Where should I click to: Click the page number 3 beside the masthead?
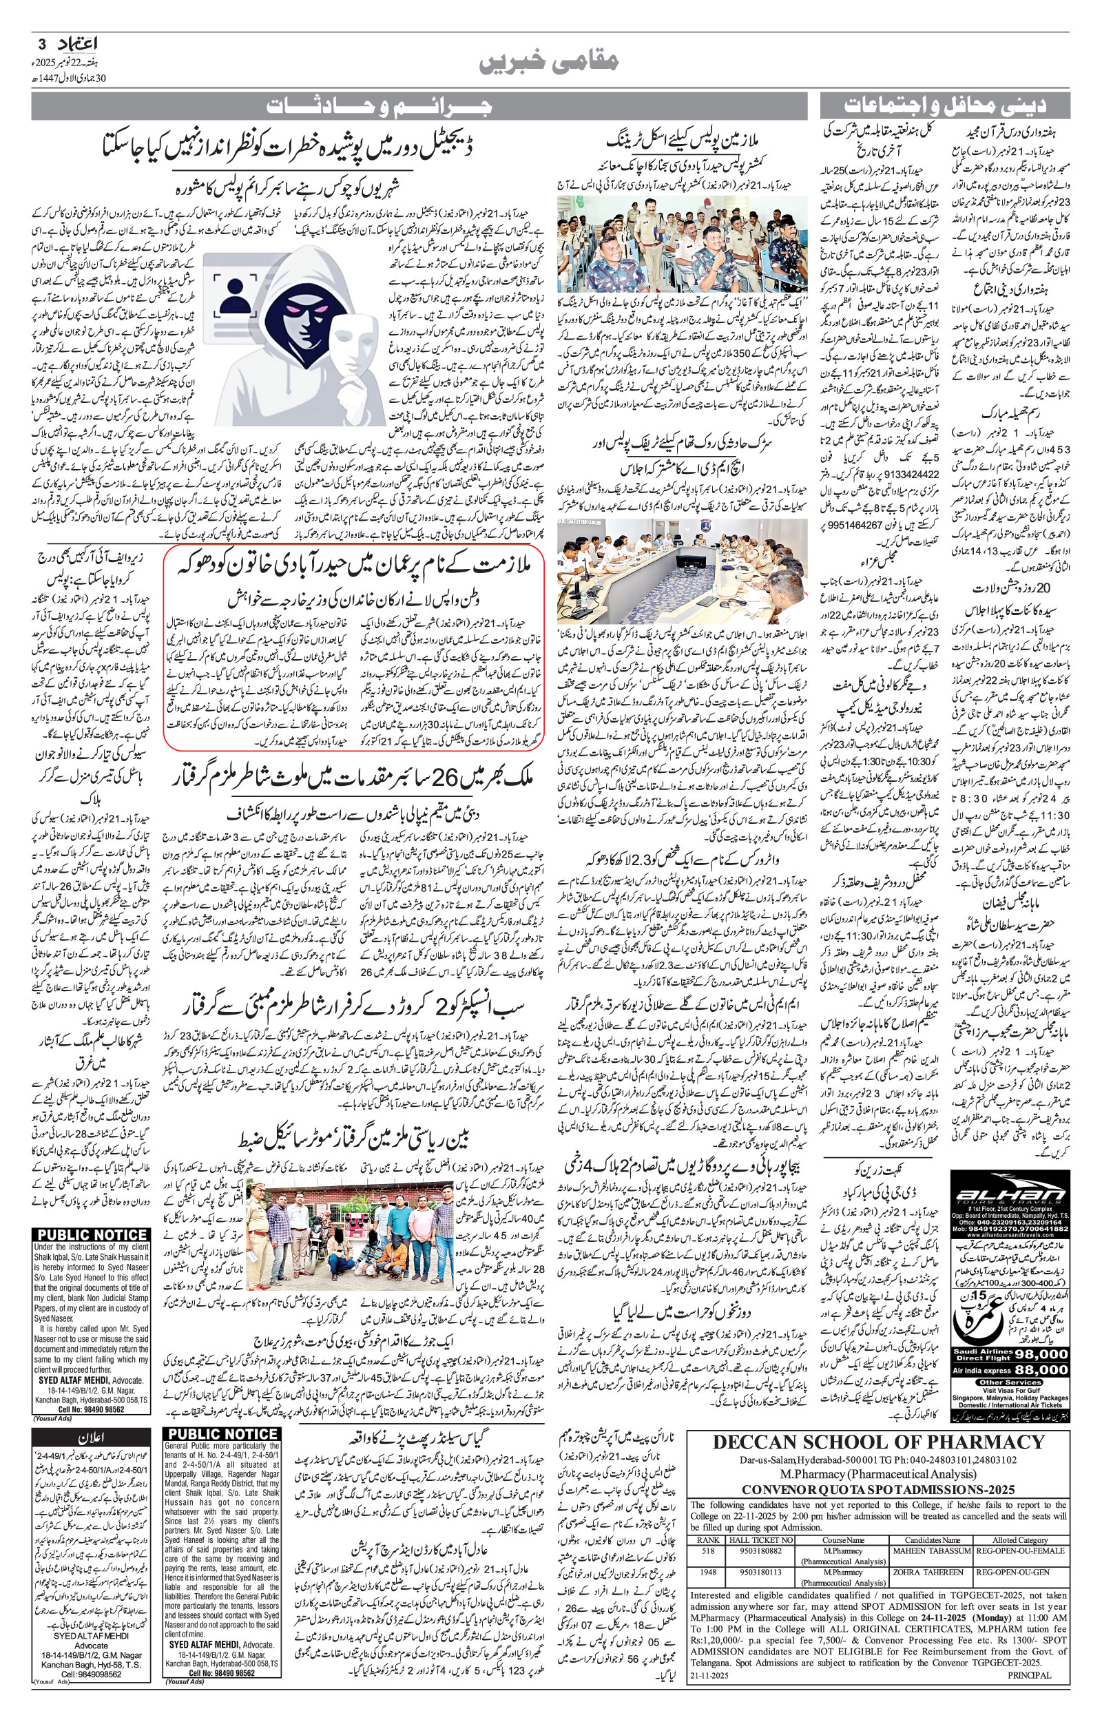pyautogui.click(x=41, y=43)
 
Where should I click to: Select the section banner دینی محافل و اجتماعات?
pyautogui.click(x=944, y=107)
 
